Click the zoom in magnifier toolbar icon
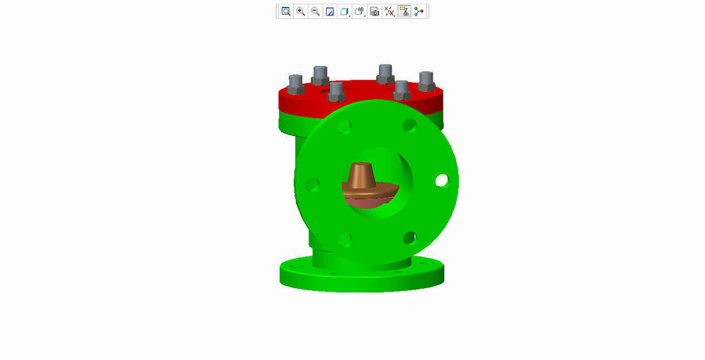pyautogui.click(x=300, y=12)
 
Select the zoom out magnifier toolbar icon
pyautogui.click(x=315, y=12)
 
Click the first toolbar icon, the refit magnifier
pyautogui.click(x=286, y=12)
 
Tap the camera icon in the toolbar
pyautogui.click(x=375, y=12)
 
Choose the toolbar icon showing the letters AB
pyautogui.click(x=360, y=12)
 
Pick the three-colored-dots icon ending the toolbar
pyautogui.click(x=419, y=12)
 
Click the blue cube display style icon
pyautogui.click(x=344, y=12)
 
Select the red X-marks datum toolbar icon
pyautogui.click(x=390, y=12)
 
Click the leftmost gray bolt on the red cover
pyautogui.click(x=295, y=84)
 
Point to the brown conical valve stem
pyautogui.click(x=361, y=176)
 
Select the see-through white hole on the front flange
pyautogui.click(x=441, y=180)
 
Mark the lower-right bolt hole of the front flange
pyautogui.click(x=410, y=237)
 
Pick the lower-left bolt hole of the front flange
pyautogui.click(x=344, y=239)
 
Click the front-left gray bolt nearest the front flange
pyautogui.click(x=336, y=91)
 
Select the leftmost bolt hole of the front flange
pyautogui.click(x=311, y=184)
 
